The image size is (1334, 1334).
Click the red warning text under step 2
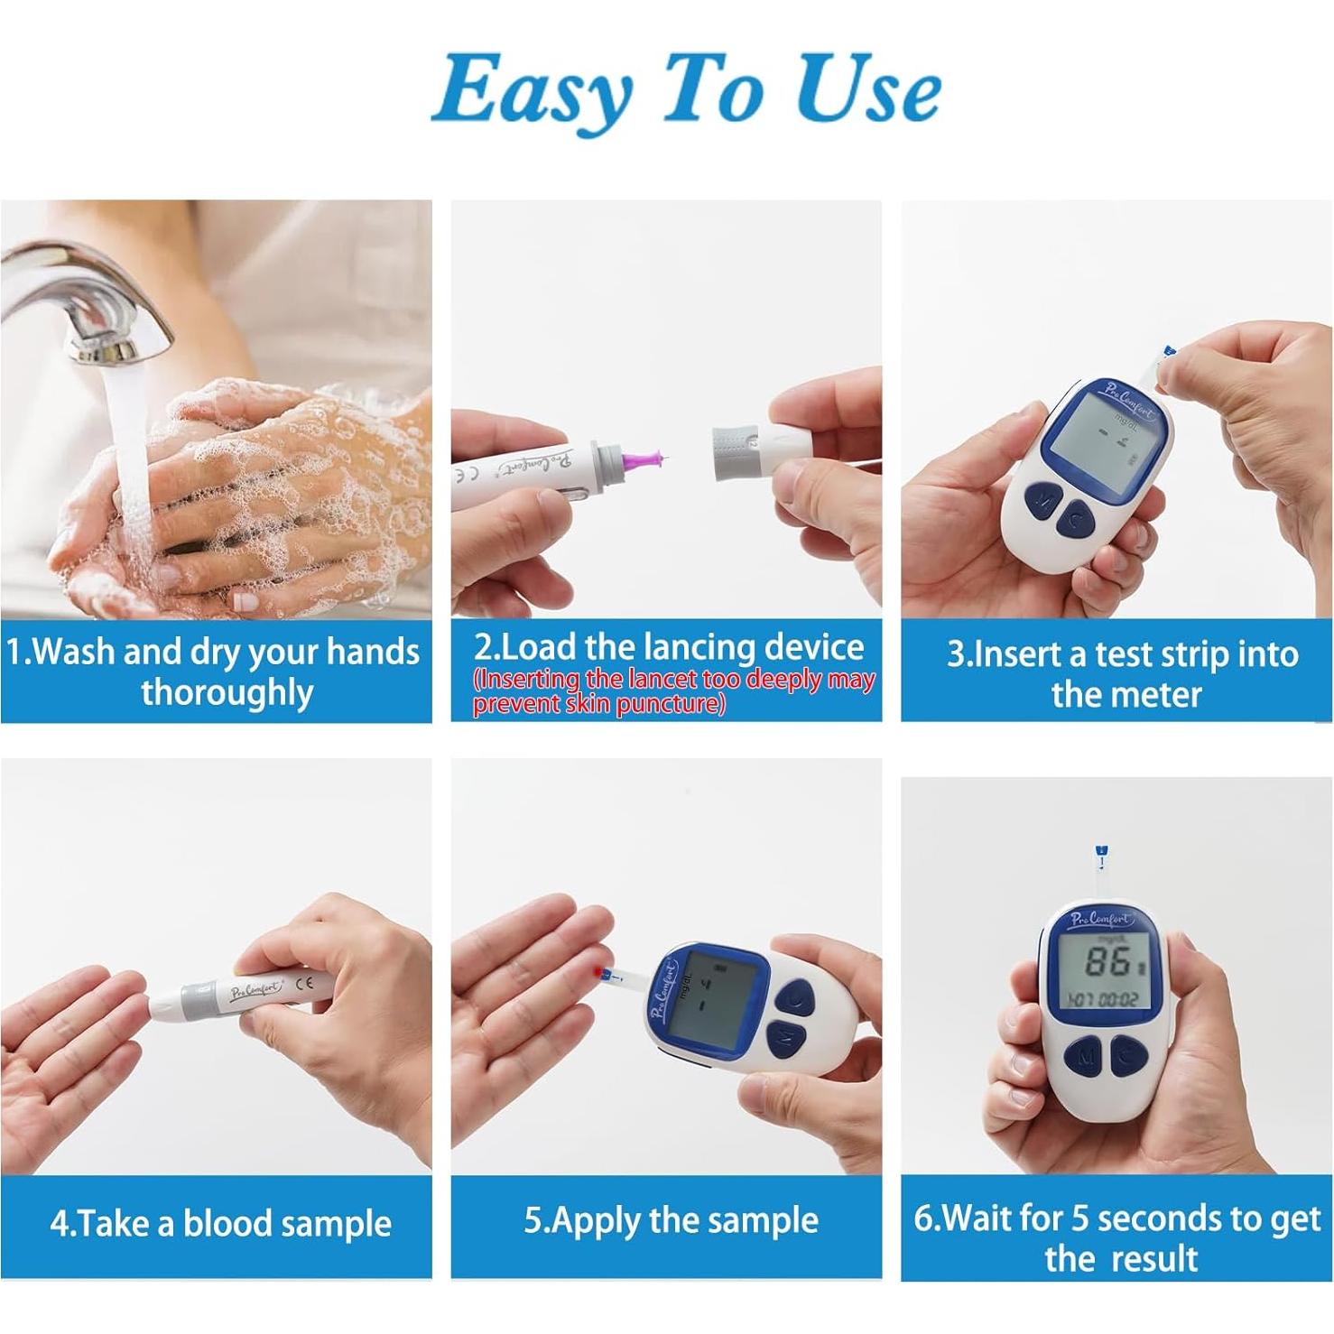(673, 691)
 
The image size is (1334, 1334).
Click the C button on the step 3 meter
(1075, 517)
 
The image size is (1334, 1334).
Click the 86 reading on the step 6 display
(1106, 963)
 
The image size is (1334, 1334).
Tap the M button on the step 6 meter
(1086, 1055)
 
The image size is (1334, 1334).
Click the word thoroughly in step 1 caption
(227, 692)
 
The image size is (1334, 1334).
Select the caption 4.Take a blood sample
(220, 1224)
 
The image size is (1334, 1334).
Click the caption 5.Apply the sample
(671, 1220)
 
